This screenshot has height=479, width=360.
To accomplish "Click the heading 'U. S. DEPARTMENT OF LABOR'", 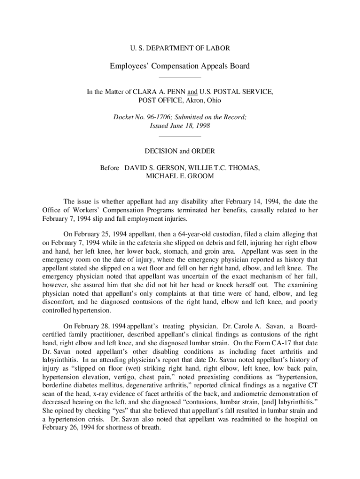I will [x=180, y=48].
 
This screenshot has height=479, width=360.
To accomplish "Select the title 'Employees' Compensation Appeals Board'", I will [x=180, y=66].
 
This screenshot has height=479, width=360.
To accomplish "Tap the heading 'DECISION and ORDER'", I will [x=180, y=151].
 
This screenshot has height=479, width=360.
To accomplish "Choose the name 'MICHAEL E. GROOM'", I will [x=180, y=176].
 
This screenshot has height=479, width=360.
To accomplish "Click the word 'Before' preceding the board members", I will [x=110, y=167].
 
